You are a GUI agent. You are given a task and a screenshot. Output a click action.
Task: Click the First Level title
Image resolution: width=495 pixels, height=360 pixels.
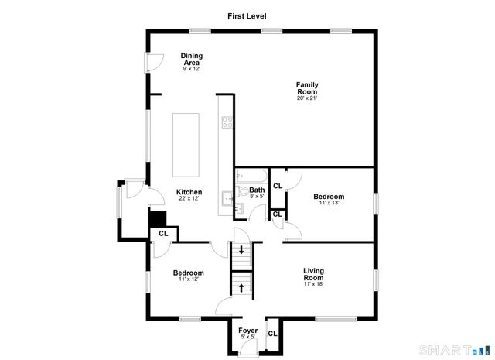[247, 15]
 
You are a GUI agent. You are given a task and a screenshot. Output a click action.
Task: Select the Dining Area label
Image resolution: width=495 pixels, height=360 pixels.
[191, 59]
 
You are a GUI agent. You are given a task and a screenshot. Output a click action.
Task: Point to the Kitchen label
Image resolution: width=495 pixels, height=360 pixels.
[189, 192]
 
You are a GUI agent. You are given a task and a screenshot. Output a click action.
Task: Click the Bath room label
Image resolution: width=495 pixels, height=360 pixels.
[257, 190]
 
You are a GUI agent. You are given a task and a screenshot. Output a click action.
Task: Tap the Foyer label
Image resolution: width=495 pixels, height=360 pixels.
[247, 331]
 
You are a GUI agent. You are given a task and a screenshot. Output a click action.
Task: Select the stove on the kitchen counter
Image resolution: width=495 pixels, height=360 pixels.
[227, 122]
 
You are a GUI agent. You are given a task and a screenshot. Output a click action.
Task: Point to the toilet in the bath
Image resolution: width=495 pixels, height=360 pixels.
[243, 191]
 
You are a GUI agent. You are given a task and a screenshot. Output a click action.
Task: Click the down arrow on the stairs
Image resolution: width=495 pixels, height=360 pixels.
[243, 251]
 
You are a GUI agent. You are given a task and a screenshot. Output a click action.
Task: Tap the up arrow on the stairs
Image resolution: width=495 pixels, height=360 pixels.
[243, 287]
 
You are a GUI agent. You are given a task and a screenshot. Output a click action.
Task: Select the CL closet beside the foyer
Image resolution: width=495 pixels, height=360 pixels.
[272, 334]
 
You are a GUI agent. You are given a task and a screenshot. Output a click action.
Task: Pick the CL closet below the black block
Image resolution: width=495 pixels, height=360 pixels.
[163, 233]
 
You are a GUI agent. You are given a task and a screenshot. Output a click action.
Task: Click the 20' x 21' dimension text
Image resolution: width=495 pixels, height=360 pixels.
[307, 98]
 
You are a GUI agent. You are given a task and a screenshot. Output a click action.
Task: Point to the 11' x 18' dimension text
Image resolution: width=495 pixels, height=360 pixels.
[312, 285]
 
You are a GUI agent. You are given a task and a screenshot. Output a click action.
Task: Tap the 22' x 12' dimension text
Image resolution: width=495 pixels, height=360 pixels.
[189, 199]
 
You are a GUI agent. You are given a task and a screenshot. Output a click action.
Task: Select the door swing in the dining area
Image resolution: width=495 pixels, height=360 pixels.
[155, 60]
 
